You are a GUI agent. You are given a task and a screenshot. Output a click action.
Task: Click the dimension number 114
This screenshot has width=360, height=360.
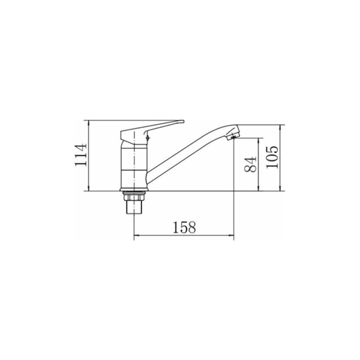point(81,155)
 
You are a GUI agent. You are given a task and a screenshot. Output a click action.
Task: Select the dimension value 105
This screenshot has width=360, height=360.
point(272,157)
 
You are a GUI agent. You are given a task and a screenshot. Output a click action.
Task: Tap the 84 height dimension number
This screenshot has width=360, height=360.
point(250,165)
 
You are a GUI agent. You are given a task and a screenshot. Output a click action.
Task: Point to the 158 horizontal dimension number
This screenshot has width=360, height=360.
point(184,227)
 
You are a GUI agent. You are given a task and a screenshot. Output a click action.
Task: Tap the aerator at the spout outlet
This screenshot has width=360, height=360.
point(233,137)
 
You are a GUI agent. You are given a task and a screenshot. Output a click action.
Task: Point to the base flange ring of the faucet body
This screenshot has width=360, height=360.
point(134,190)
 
